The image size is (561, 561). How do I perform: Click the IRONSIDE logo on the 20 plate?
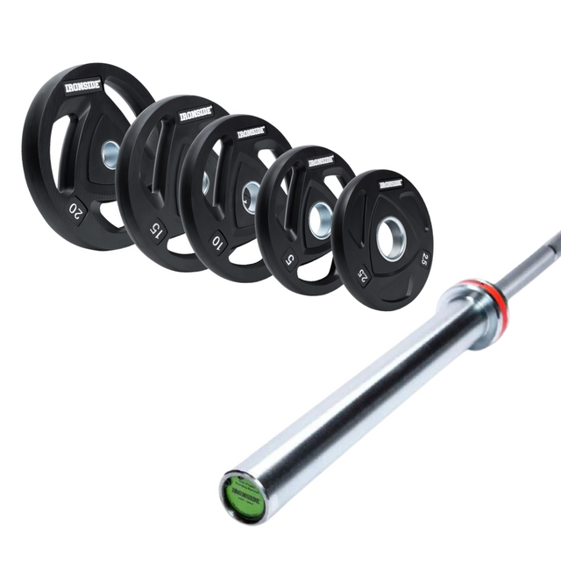click(x=84, y=87)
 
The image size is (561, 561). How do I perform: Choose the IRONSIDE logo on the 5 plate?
click(x=321, y=162)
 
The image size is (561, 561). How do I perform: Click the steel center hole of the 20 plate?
click(x=110, y=155)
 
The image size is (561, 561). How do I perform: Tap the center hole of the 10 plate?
click(x=252, y=197)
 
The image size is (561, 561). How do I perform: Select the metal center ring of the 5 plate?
click(x=321, y=220)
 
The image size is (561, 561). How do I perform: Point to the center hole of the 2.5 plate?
click(x=391, y=238)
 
